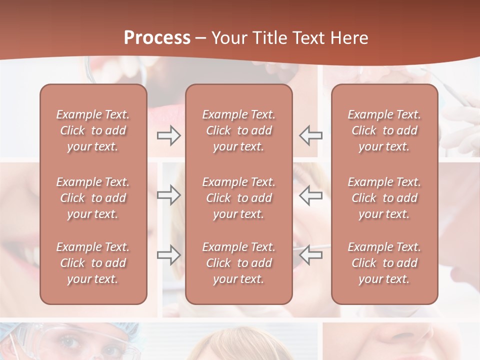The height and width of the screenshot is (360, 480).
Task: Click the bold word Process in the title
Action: (157, 38)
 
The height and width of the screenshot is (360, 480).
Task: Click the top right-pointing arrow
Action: (168, 135)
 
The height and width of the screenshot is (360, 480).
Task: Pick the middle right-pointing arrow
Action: (168, 195)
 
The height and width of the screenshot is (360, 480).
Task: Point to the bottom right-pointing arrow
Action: (168, 255)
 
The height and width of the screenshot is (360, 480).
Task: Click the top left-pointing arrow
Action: (311, 135)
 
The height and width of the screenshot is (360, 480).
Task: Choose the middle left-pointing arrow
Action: (311, 195)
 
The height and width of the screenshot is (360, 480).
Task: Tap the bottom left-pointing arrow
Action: (311, 255)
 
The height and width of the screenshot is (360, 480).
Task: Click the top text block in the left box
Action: (93, 130)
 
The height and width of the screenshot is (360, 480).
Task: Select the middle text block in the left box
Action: (93, 198)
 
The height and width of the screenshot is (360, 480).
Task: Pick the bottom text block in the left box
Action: (93, 263)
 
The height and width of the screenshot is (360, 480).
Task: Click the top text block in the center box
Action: (239, 130)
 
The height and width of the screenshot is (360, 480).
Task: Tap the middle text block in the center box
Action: (239, 198)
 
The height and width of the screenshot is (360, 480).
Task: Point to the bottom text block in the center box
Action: (239, 263)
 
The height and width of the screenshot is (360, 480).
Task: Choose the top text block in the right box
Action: (384, 130)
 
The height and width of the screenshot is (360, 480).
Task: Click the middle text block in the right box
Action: (384, 198)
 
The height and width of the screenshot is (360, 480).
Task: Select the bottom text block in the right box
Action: (384, 263)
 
